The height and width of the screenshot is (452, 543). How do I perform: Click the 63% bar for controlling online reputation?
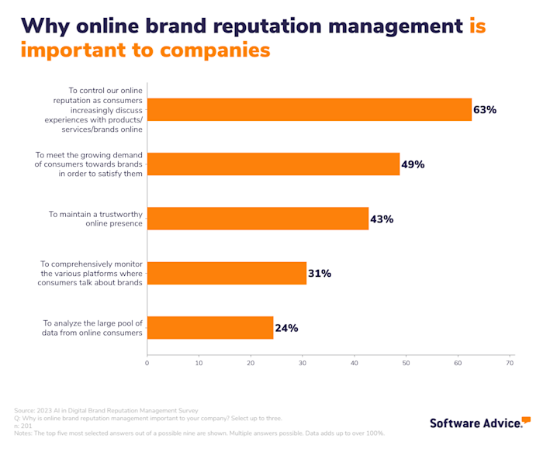click(309, 110)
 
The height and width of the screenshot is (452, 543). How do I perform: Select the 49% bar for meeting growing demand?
click(273, 164)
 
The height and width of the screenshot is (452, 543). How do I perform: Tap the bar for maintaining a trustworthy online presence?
click(258, 219)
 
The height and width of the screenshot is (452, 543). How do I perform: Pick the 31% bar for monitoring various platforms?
click(227, 273)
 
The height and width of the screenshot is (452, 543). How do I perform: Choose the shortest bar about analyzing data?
click(209, 328)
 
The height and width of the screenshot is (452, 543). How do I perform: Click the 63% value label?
click(485, 110)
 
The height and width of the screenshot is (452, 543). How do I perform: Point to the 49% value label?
click(413, 164)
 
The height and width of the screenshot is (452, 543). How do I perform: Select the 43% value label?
click(382, 219)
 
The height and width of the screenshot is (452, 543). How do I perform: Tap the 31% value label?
click(320, 274)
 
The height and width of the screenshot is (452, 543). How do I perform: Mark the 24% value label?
click(286, 328)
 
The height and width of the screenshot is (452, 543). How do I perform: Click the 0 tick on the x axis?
click(147, 362)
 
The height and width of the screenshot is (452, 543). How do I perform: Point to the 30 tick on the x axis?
click(303, 362)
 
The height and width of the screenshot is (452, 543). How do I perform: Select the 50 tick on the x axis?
click(406, 362)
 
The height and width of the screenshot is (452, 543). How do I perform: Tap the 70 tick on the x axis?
click(510, 362)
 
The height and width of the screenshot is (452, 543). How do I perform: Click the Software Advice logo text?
click(475, 423)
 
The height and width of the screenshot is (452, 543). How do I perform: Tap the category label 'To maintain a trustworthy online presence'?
click(96, 219)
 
